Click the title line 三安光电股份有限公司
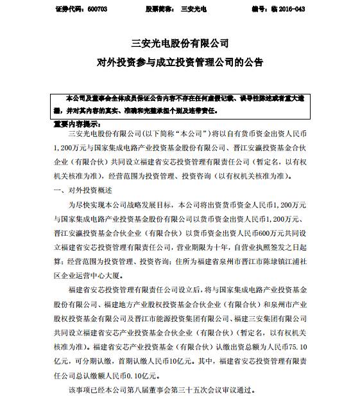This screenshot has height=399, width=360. point(179,44)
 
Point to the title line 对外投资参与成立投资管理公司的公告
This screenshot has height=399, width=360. point(179,63)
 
